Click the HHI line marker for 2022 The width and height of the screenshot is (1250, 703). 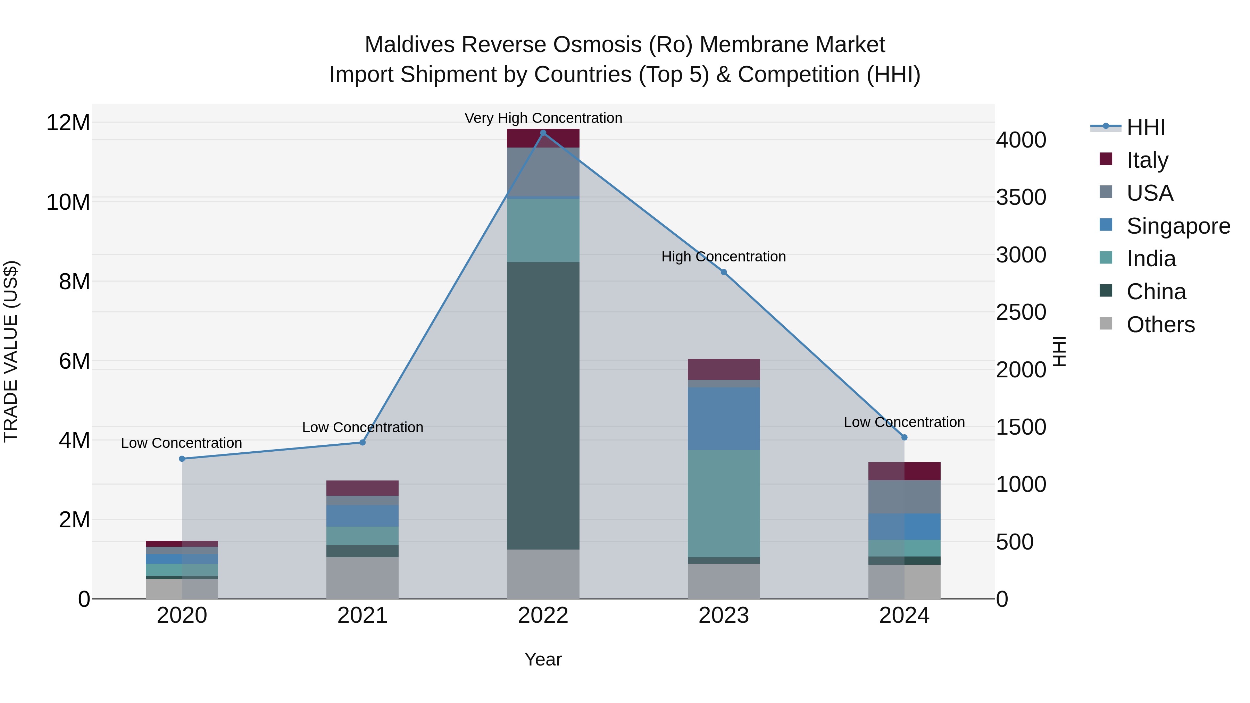pos(543,133)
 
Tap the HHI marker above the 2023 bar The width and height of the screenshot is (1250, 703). pos(724,272)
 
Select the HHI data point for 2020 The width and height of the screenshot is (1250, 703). pos(182,459)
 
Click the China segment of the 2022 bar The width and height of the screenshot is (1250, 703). pos(543,405)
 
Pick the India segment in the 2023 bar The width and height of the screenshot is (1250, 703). pos(724,503)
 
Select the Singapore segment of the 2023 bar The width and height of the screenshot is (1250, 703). pos(724,418)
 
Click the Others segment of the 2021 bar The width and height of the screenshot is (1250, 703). pos(362,577)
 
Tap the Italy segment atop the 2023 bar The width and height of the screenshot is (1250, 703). pos(724,369)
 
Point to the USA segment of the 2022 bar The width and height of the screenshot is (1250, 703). pos(543,172)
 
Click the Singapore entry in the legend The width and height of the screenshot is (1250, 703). pos(1178,226)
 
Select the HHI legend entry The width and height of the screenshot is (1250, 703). pos(1145,127)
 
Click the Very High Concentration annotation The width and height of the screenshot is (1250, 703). pos(543,118)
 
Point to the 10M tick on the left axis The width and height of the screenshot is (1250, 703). pos(68,202)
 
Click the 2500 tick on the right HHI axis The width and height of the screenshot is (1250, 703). pos(1021,312)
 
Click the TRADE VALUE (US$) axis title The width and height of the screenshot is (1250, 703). pos(11,351)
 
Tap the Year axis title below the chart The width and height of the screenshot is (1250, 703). pos(543,659)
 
